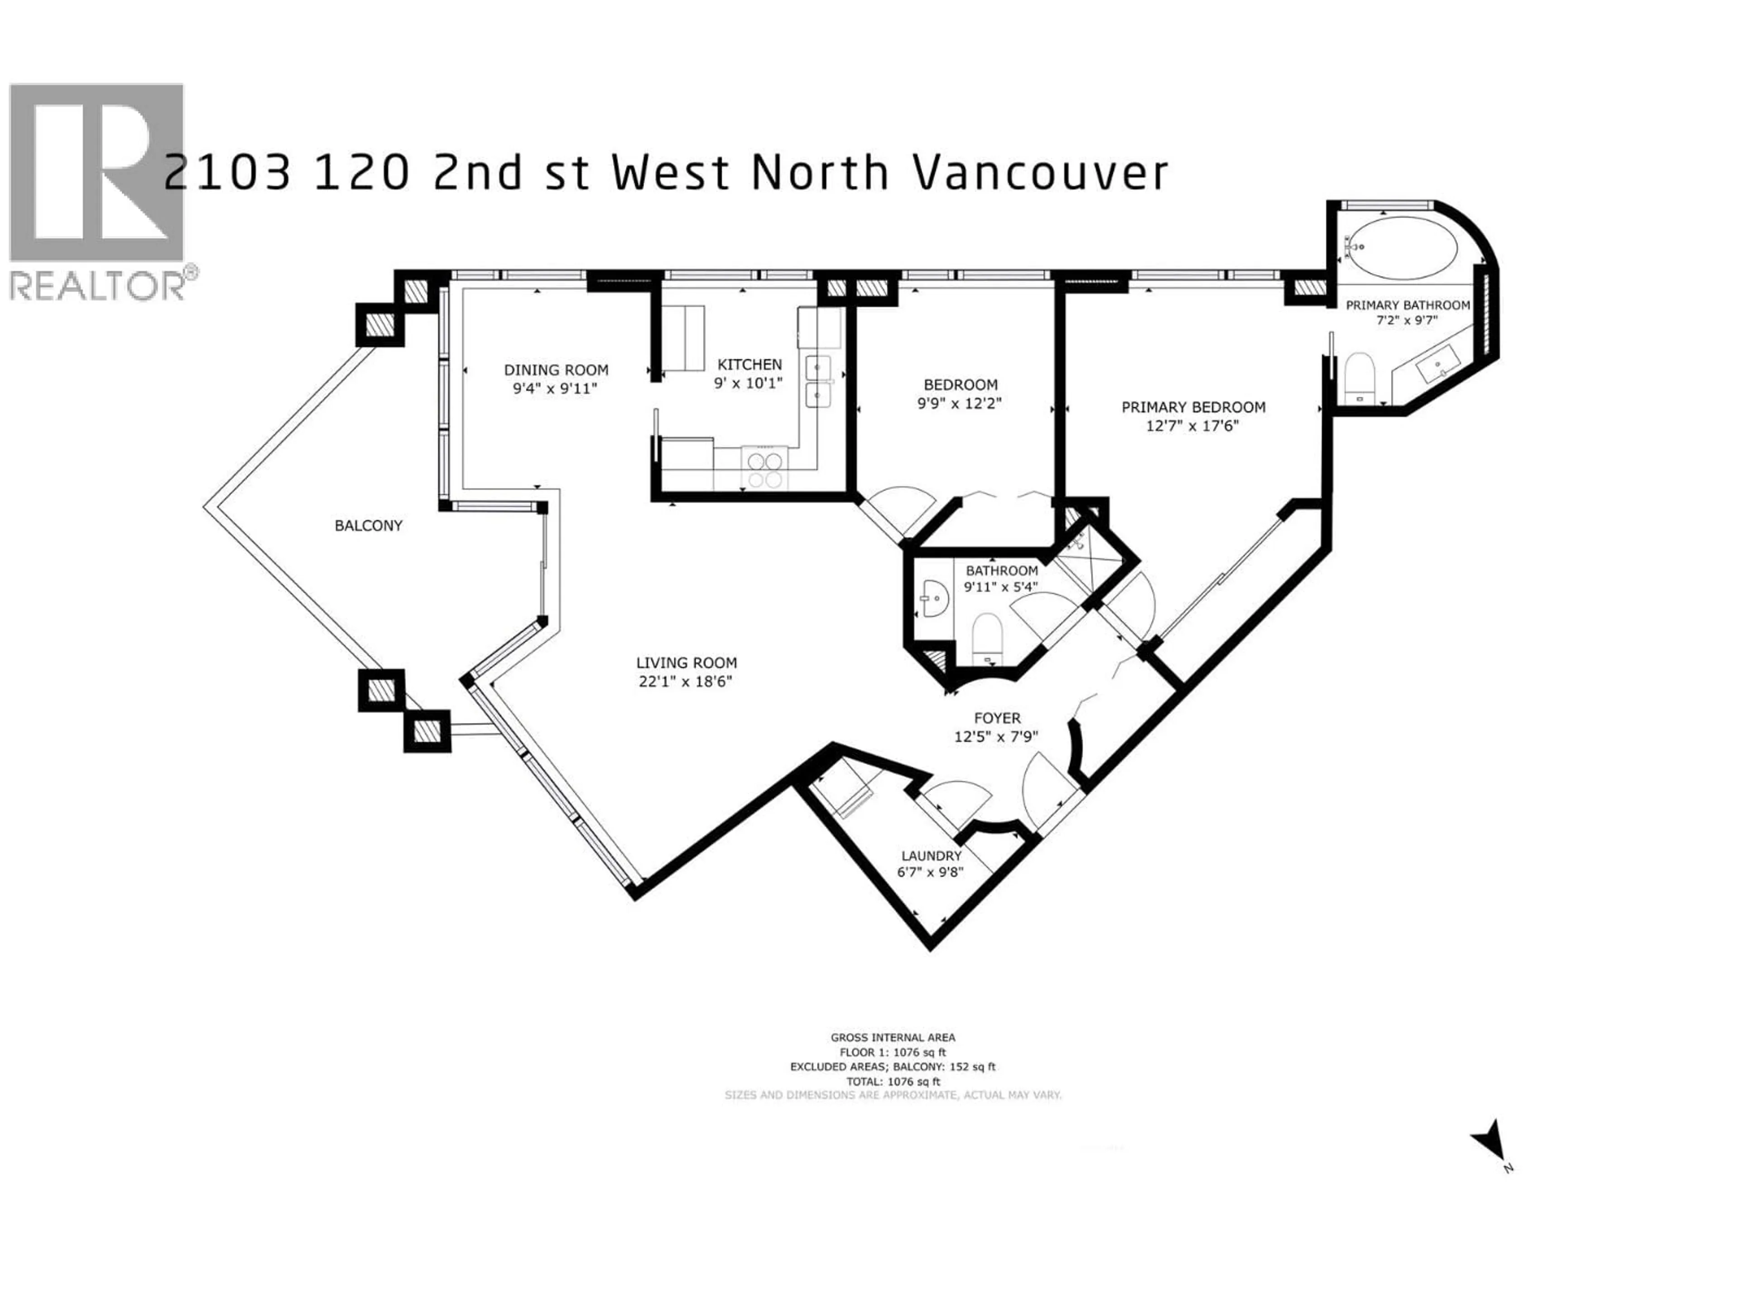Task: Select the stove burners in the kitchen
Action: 765,469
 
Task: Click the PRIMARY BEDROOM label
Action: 1192,407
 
